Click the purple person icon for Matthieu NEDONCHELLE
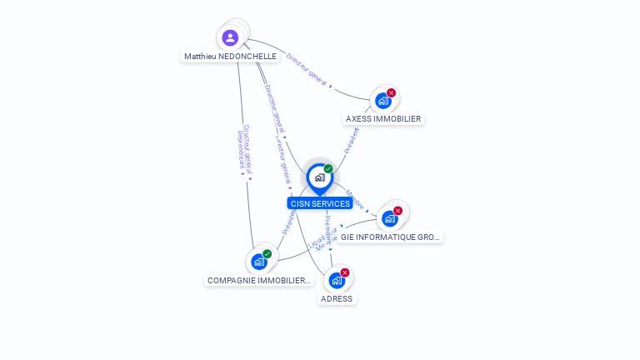[231, 37]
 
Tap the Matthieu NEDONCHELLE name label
[230, 57]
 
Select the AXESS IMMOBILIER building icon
[382, 101]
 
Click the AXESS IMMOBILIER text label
[383, 119]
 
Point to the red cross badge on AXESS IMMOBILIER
[391, 92]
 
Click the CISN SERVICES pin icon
[319, 177]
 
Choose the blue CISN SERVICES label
[319, 203]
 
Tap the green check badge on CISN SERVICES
[328, 169]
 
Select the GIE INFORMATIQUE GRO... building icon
[389, 219]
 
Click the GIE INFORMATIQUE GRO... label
[390, 237]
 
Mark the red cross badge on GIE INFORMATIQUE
[397, 211]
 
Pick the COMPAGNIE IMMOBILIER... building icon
[259, 262]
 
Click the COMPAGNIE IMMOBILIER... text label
[259, 281]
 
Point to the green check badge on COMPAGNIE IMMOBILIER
[267, 253]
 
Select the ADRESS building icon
[337, 280]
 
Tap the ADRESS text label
[337, 298]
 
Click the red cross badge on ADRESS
[344, 272]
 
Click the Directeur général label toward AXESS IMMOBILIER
[306, 69]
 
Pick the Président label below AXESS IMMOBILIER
[352, 139]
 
